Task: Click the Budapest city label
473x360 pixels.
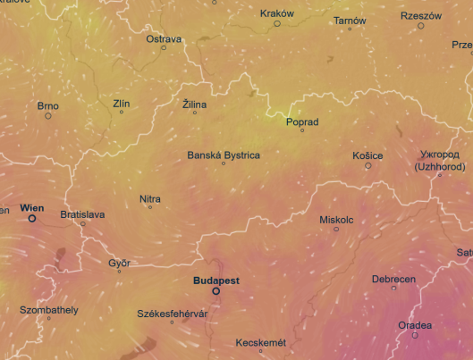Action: [215, 280]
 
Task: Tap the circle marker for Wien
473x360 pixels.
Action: [32, 218]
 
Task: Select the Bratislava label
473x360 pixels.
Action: [82, 214]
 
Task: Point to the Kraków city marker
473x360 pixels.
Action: [277, 23]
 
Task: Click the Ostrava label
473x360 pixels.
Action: [165, 39]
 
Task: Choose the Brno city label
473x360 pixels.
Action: [48, 105]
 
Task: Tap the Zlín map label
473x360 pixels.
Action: [122, 104]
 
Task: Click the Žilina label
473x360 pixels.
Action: [194, 105]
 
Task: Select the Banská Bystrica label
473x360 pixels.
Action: [224, 155]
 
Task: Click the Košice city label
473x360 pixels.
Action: [367, 155]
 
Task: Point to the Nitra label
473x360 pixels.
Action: [150, 198]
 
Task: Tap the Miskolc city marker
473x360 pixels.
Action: [336, 230]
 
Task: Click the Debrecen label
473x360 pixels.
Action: [393, 279]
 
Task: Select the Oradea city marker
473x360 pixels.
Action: [414, 335]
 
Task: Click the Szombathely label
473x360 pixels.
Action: [49, 310]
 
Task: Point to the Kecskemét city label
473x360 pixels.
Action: [260, 343]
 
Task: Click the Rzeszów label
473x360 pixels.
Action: [421, 15]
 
